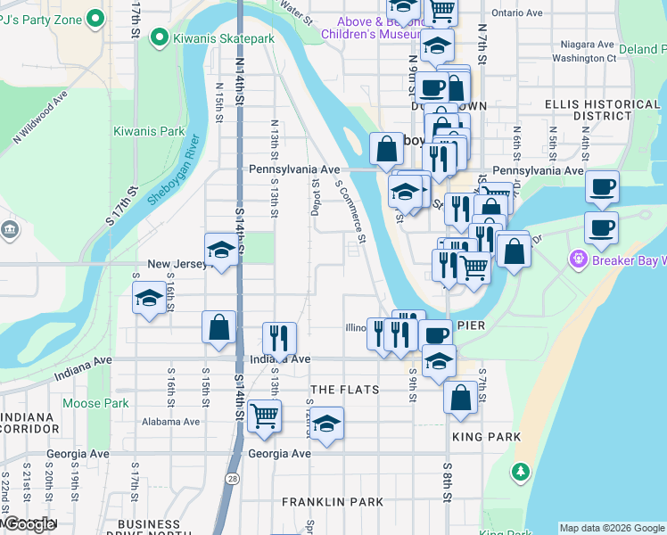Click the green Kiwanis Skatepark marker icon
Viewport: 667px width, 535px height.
tap(160, 37)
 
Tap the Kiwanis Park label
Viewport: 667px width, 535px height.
tap(149, 131)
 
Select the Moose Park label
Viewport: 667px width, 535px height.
tap(95, 403)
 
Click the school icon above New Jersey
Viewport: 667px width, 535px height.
tap(220, 251)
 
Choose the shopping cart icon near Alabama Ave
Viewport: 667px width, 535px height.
tap(264, 415)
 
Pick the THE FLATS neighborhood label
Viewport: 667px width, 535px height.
tap(344, 390)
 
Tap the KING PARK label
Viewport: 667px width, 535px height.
tap(486, 437)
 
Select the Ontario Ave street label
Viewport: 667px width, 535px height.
tap(517, 13)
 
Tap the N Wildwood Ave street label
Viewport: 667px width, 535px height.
tap(40, 117)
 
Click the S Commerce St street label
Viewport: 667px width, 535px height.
tap(350, 211)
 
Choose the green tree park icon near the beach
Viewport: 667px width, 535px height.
tap(520, 471)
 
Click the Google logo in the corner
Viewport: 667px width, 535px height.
tap(28, 525)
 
